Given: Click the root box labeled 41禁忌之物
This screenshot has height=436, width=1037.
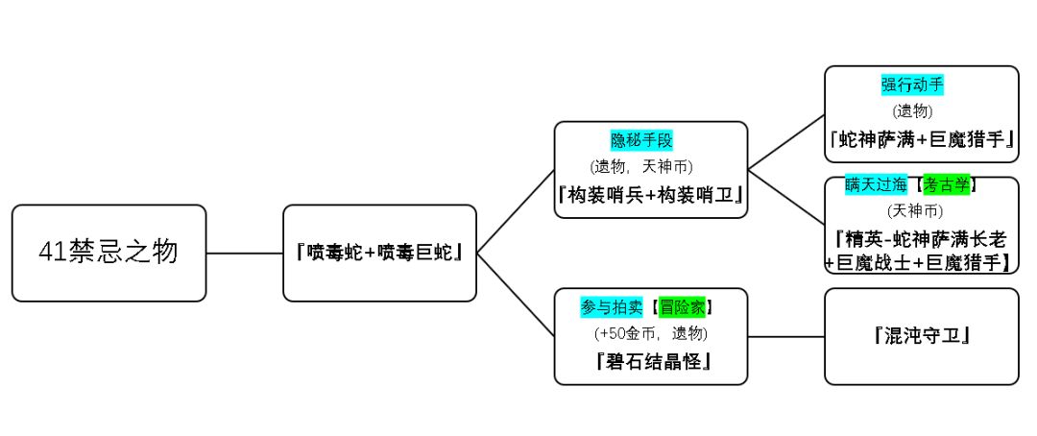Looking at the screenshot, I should (x=109, y=253).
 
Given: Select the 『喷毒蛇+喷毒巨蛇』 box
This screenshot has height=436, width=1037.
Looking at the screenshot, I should (x=380, y=253).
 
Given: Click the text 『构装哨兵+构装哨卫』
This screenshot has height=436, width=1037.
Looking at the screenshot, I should (x=651, y=193).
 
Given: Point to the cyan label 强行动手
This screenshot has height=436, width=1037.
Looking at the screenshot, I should (x=912, y=85).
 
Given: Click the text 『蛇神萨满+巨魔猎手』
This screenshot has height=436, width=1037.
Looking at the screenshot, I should (x=921, y=140).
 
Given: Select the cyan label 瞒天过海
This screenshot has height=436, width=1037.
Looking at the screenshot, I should (x=877, y=184).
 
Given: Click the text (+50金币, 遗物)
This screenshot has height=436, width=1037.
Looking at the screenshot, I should (x=651, y=333).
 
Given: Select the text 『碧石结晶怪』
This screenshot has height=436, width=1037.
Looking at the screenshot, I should (x=651, y=361).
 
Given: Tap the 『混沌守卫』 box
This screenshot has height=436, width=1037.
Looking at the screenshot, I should (x=921, y=336).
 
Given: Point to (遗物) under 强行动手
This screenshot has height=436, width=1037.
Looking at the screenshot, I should (x=912, y=111).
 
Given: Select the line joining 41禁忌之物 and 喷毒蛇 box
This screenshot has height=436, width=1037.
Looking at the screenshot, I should (x=245, y=254).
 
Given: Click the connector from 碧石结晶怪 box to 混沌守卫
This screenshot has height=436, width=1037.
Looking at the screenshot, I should (x=785, y=336).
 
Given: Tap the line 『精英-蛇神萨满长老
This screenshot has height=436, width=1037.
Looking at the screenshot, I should (x=921, y=237).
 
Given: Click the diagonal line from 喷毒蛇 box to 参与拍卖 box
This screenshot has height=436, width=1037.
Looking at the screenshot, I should (x=516, y=295).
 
